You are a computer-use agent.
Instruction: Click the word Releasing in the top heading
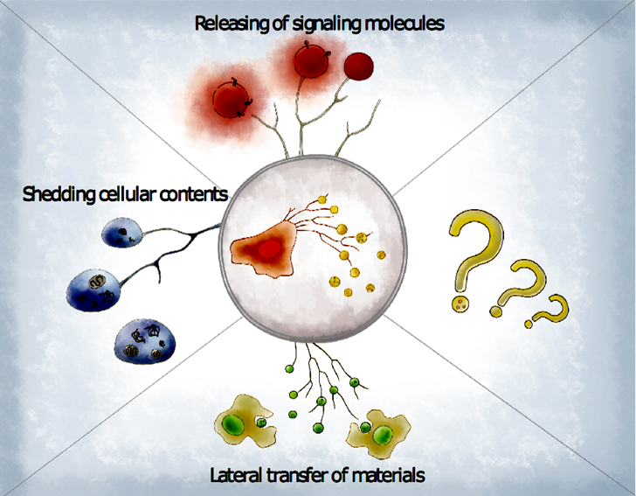[231, 24]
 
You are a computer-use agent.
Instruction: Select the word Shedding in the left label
[58, 194]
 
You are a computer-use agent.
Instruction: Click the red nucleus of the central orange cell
[270, 249]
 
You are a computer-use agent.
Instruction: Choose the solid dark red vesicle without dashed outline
[359, 66]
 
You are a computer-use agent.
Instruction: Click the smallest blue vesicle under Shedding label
[121, 233]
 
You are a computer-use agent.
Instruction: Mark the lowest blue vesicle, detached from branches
[145, 342]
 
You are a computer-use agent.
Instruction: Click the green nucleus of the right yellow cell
[383, 435]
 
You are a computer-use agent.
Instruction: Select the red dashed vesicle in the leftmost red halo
[231, 100]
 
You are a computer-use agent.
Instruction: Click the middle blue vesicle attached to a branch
[93, 290]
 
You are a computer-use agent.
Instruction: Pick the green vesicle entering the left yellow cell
[261, 423]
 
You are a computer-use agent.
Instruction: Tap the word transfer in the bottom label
[296, 474]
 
